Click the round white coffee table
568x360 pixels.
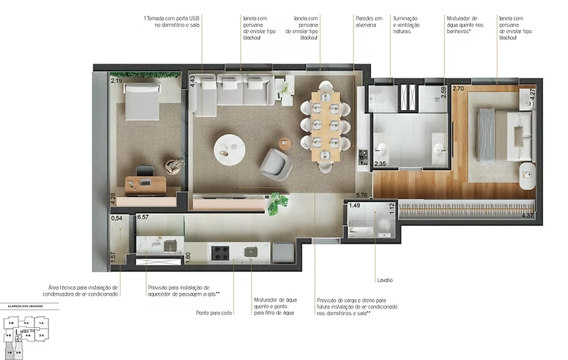[x=229, y=149]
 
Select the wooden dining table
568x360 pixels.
[x=326, y=124]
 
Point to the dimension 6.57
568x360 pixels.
[x=143, y=216]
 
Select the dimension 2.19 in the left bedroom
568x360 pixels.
[x=116, y=81]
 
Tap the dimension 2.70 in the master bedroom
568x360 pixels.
[x=459, y=89]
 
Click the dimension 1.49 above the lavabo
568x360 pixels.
[x=354, y=206]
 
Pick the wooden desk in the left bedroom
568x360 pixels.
[x=146, y=185]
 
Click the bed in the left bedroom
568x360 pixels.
[x=143, y=102]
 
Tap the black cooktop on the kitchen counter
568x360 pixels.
[x=220, y=252]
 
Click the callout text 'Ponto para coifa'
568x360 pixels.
[x=214, y=312]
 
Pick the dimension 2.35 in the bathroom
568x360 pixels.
[x=380, y=164]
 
